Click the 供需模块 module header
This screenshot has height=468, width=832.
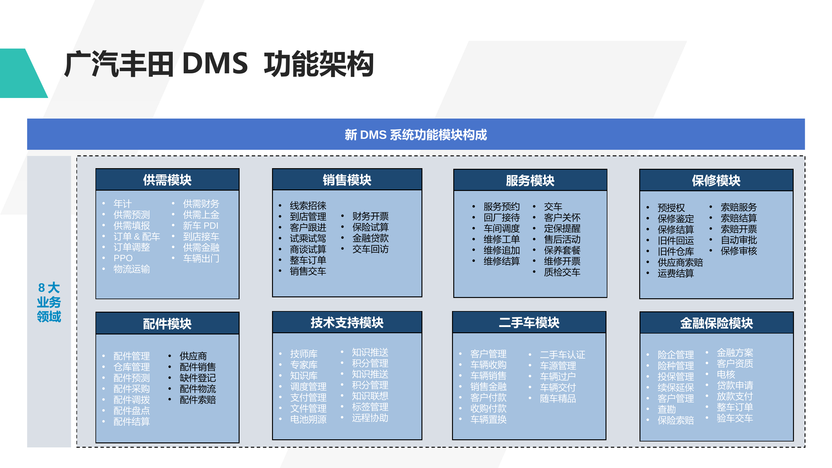(x=167, y=180)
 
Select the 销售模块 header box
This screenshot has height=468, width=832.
(x=347, y=180)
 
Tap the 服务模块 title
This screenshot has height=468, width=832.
(x=530, y=180)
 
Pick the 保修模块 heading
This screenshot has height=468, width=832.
(x=716, y=180)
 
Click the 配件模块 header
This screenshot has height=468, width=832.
(x=167, y=323)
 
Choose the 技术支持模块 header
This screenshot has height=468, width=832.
(x=347, y=322)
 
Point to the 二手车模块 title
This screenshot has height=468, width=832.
(x=529, y=322)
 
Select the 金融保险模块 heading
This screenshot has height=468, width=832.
(x=716, y=323)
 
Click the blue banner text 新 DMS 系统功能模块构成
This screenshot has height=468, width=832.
(x=416, y=134)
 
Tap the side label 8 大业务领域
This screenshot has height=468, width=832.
(x=49, y=302)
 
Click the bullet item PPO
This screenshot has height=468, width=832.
(x=123, y=258)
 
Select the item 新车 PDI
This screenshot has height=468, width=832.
(x=201, y=226)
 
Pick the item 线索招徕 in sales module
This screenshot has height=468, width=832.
(x=308, y=205)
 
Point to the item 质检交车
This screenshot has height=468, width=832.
(x=562, y=272)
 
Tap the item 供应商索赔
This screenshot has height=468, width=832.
(x=680, y=262)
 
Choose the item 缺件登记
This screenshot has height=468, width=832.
(x=197, y=378)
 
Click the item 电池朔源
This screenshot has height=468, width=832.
(x=308, y=419)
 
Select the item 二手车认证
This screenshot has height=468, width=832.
(x=562, y=355)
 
